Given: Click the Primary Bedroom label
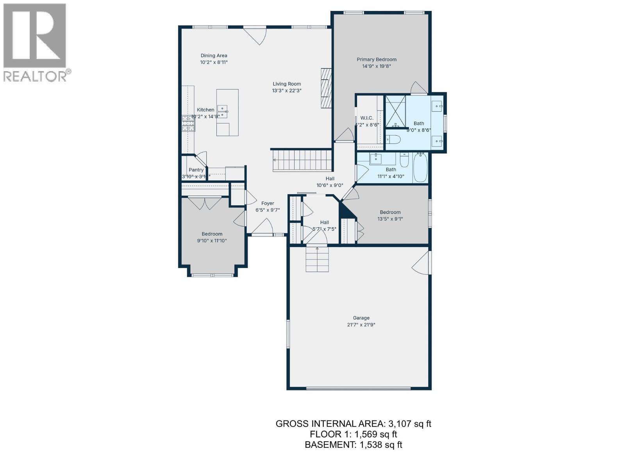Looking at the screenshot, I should coord(376,59).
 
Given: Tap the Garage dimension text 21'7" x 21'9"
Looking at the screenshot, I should coord(361,325).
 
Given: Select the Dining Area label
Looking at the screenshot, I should coord(214,55).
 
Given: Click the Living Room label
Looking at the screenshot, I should coord(287,84).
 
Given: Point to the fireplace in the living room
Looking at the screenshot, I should coord(326,88).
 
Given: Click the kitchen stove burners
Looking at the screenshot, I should coord(188,124).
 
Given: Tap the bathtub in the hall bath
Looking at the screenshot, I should coord(420,168).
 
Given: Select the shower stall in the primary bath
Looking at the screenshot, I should coord(395,111).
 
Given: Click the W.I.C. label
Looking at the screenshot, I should coord(367,118).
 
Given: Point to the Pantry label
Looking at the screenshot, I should coord(196,170).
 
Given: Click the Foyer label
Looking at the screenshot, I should coord(268,203).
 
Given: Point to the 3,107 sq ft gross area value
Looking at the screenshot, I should coord(409,424).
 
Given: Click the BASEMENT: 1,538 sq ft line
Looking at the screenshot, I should coord(353,444).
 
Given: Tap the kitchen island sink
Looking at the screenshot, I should coord(223,111).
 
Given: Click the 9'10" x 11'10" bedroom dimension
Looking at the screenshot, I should coord(212,241).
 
